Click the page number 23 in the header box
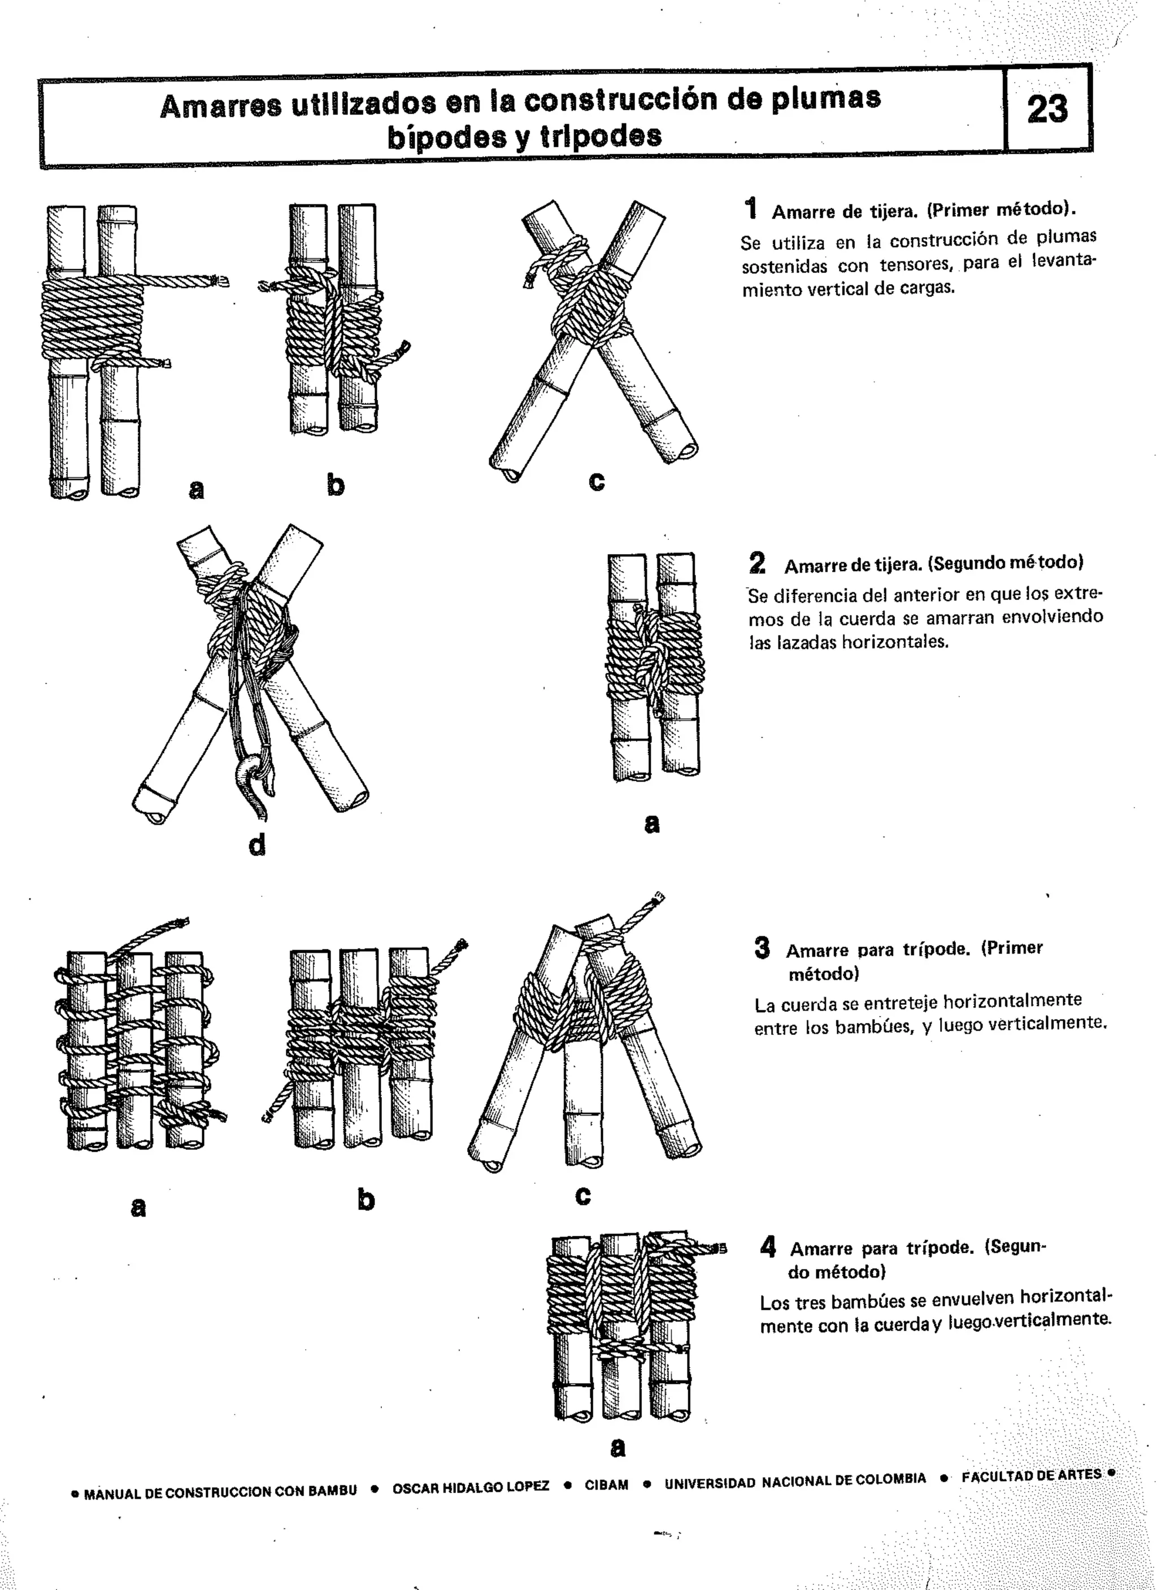1047,110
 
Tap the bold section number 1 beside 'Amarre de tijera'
751,209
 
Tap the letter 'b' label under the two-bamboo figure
336,485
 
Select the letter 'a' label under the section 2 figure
651,824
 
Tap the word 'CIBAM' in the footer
607,1486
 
